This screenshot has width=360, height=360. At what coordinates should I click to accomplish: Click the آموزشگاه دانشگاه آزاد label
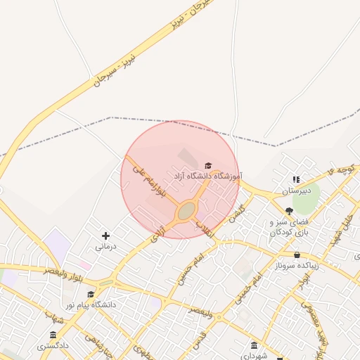[x=207, y=175]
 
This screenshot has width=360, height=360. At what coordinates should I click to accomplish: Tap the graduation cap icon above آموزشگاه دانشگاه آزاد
[x=207, y=165]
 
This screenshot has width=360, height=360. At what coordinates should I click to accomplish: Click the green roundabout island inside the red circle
[x=186, y=212]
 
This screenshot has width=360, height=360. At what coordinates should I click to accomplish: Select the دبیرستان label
[x=296, y=191]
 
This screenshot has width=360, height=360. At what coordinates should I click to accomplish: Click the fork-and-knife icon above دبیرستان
[x=296, y=180]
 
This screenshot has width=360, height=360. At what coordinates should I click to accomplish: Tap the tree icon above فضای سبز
[x=289, y=211]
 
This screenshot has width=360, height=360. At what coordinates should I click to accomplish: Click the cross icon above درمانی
[x=105, y=236]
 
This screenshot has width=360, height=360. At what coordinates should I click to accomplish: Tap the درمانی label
[x=105, y=247]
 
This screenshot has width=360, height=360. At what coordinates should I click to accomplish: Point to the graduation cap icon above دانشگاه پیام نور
[x=90, y=294]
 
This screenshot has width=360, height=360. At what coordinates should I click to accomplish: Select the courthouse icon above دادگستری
[x=53, y=335]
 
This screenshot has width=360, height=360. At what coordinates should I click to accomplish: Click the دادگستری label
[x=53, y=345]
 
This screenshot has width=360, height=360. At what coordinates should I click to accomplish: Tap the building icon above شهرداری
[x=254, y=345]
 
